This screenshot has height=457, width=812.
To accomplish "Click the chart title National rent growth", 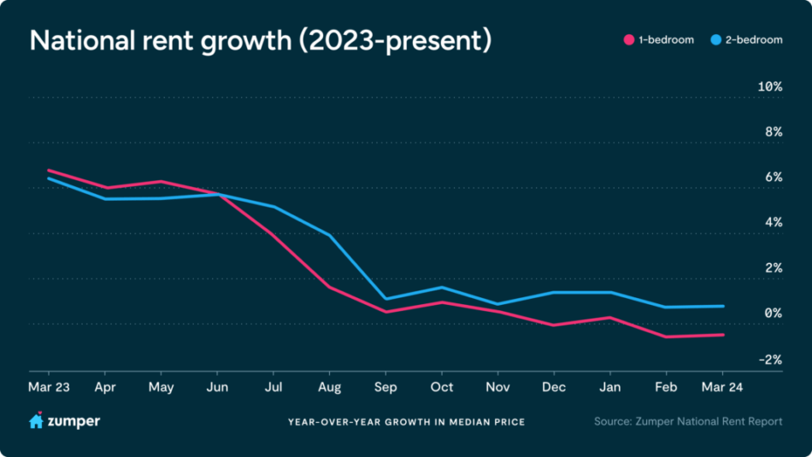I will point(261,41).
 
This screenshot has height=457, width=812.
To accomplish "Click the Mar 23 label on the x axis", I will point(49,386).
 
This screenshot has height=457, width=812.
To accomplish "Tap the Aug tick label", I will point(329,386).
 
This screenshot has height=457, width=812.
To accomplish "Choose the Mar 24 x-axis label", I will point(722,386).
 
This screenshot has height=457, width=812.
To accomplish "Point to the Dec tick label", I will point(554,386).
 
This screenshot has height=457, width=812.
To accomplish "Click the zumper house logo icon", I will point(36,420).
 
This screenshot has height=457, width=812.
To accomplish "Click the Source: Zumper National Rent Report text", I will point(688,422).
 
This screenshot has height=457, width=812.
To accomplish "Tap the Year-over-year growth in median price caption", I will point(406,422).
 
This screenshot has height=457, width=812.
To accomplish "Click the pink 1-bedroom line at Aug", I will point(329,287).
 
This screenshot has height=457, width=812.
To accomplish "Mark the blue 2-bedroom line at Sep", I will point(385,299).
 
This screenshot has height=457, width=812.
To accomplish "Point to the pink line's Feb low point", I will point(667,337).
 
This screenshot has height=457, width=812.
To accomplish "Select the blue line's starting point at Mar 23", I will point(49,179).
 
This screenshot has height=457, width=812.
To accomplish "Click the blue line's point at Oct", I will point(441,287).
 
